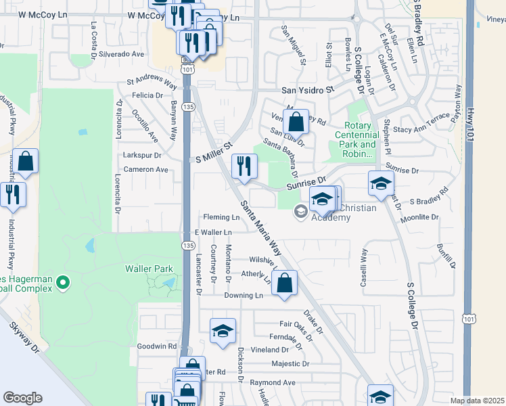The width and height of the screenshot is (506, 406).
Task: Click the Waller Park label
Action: [x=149, y=269]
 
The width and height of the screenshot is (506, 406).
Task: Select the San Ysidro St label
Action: [x=308, y=90]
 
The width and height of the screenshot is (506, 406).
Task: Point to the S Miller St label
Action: [x=213, y=152]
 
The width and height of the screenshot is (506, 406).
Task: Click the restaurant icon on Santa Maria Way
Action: [x=244, y=166]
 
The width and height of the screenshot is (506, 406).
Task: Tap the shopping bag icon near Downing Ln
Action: [x=285, y=284]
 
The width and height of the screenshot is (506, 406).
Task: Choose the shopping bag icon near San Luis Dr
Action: [x=296, y=122]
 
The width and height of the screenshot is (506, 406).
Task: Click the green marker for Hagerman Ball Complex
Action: [x=63, y=281]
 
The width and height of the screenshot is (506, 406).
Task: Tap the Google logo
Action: [x=22, y=398]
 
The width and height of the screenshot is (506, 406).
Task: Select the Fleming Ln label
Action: [x=221, y=217]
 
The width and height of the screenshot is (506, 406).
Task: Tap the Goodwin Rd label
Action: [x=156, y=346]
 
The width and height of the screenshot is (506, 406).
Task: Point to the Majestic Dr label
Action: [x=290, y=363]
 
